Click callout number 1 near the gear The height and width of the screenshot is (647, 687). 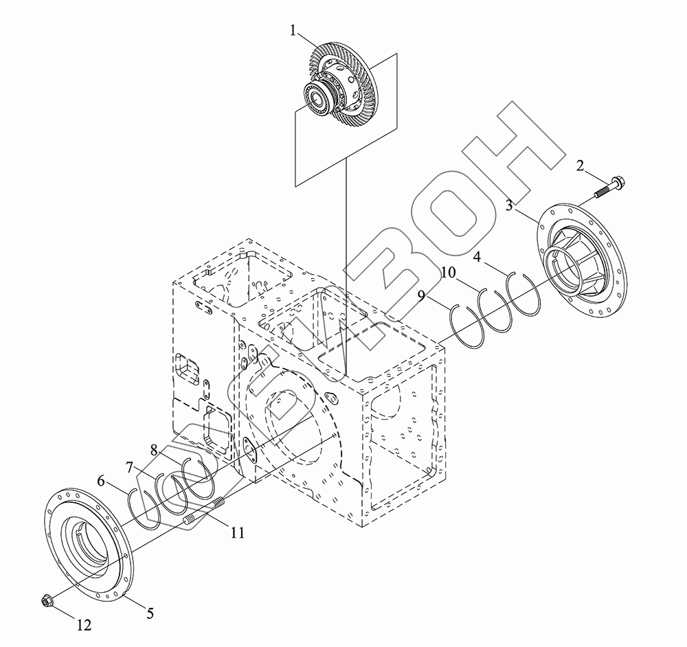(293, 31)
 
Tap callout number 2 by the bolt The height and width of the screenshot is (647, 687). (580, 166)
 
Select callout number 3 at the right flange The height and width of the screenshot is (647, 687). (509, 205)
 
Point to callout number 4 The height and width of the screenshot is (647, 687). (477, 257)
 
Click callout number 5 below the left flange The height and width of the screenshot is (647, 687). (150, 614)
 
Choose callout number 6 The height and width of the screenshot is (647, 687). (101, 481)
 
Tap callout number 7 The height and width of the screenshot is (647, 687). (129, 468)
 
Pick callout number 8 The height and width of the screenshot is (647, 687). (153, 449)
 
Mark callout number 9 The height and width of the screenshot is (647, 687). (421, 297)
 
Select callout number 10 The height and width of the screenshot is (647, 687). (449, 273)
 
